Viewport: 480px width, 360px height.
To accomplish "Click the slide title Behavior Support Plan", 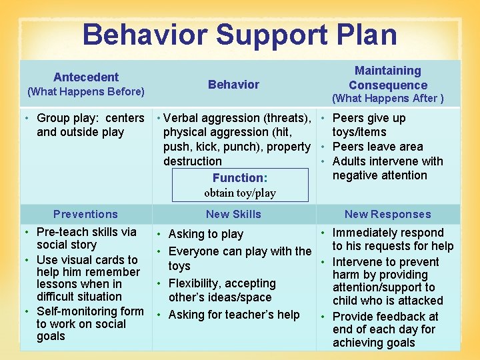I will click(x=239, y=35).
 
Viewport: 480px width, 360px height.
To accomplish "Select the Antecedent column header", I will click(x=85, y=77).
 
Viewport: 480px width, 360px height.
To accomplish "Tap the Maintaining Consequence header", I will click(x=387, y=78).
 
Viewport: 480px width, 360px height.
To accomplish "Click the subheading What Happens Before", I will click(x=85, y=91).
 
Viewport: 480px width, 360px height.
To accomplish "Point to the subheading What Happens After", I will click(x=387, y=99).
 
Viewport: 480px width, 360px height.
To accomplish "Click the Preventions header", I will click(x=85, y=214).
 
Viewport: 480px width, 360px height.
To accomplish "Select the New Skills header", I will click(x=233, y=214).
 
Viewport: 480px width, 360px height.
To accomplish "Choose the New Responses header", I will click(x=387, y=214).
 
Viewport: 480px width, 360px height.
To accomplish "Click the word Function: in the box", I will click(x=240, y=178).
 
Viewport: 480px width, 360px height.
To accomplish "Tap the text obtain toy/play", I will click(x=240, y=193).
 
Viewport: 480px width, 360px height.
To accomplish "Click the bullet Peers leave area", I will click(x=377, y=147).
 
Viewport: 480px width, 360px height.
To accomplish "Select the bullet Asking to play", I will click(x=205, y=234).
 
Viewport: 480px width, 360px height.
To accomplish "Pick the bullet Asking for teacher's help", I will click(x=233, y=315).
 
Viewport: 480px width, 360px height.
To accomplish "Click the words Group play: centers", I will click(x=91, y=118).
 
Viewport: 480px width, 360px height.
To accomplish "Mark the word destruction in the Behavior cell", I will click(x=193, y=161).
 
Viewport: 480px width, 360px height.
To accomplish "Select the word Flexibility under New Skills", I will click(x=195, y=283).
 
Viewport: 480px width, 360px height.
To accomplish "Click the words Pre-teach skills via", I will click(x=87, y=232).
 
